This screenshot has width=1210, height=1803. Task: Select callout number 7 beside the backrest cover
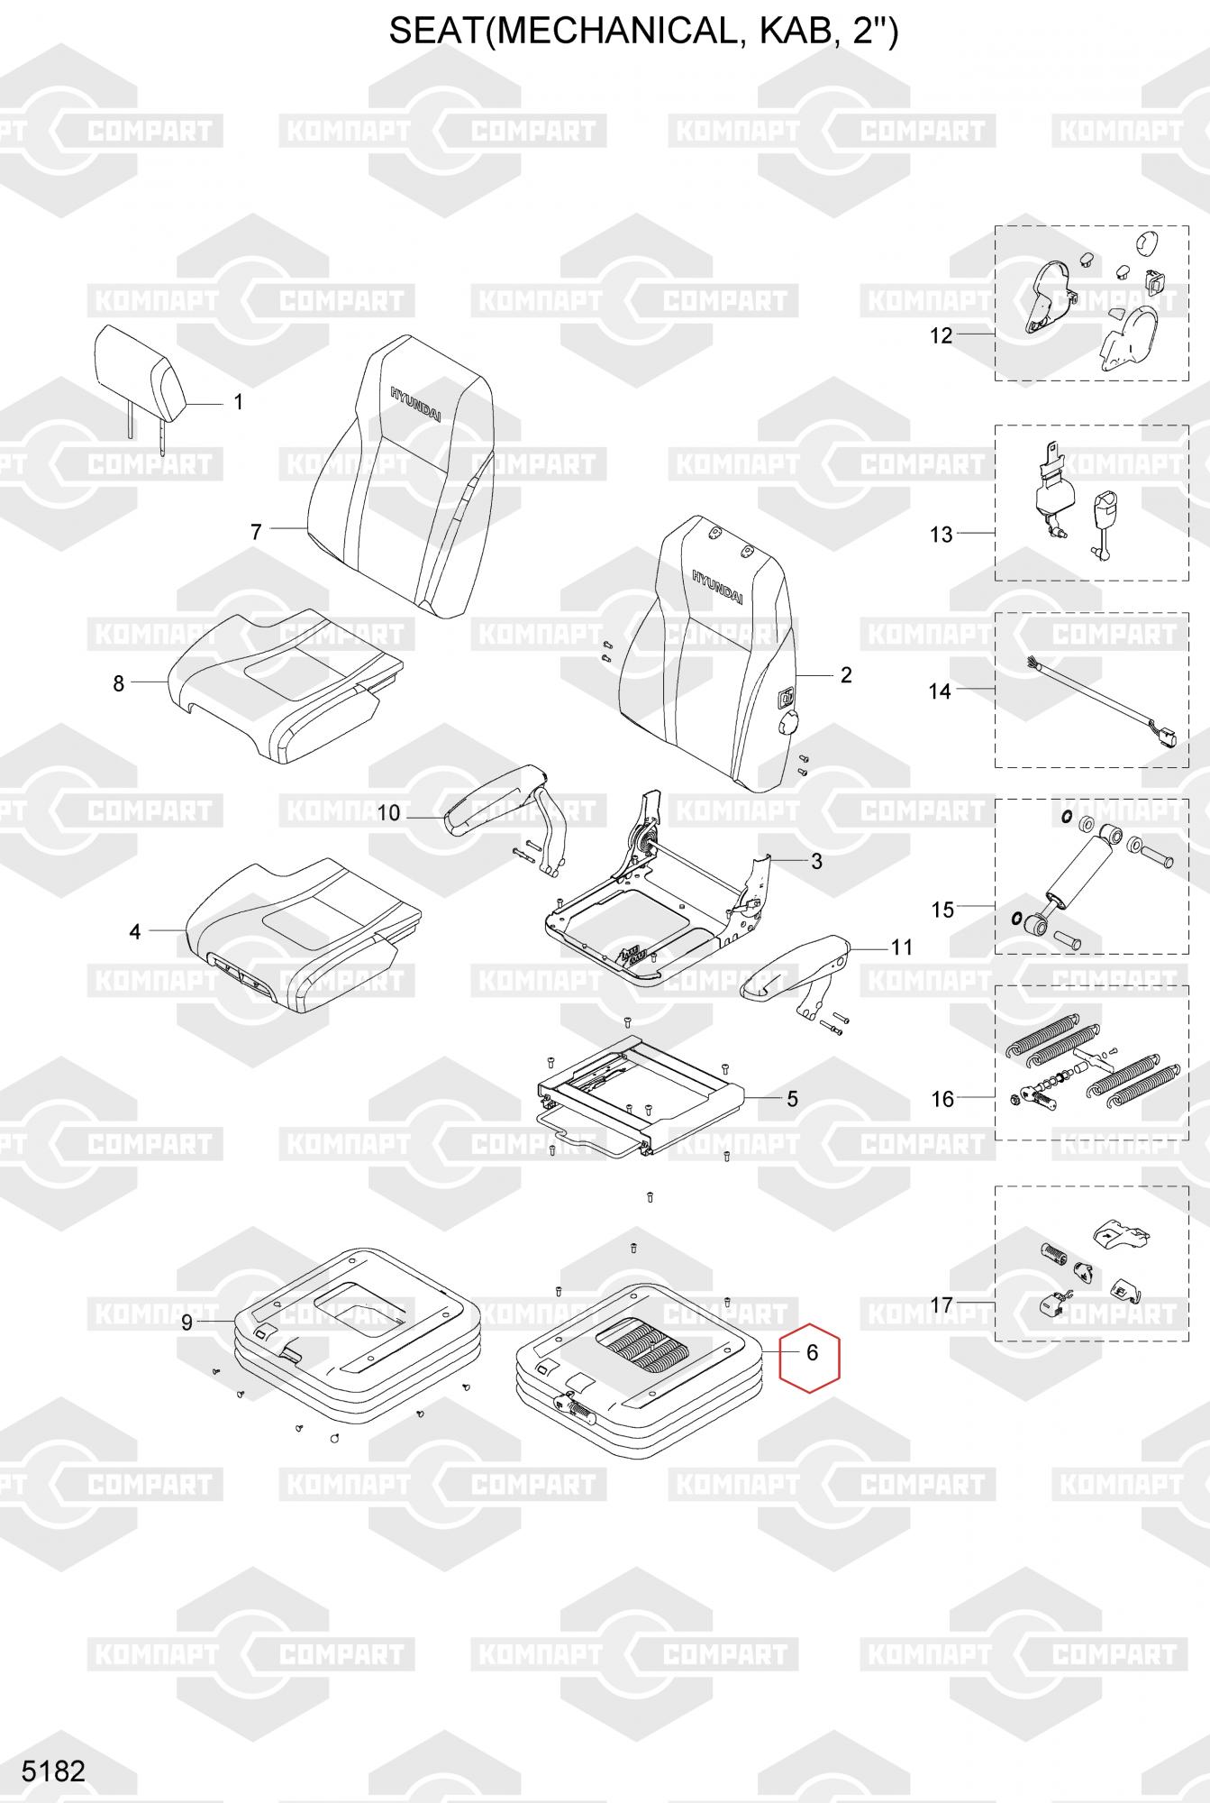coord(256,532)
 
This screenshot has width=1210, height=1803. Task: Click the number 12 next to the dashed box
coord(941,336)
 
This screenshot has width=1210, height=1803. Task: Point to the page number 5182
coord(54,1771)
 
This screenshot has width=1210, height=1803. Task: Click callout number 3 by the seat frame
coord(816,861)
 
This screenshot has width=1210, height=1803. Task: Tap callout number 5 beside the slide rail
coord(792,1099)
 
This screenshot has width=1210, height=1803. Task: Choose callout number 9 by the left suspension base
coord(187,1323)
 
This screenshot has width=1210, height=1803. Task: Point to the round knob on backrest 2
coord(788,722)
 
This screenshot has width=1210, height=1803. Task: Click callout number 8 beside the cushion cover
coord(118,683)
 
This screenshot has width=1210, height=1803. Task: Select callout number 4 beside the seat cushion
coord(135,931)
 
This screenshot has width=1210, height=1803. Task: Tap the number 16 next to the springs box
coord(942,1099)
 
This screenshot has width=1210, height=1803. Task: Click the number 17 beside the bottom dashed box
coord(942,1304)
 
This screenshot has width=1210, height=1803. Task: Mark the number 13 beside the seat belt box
coord(941,535)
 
